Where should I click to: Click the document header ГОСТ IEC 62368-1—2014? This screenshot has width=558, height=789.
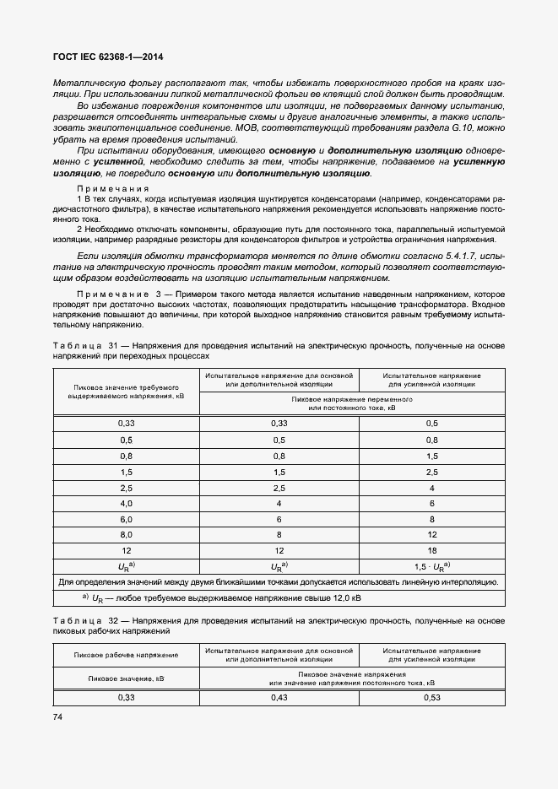point(107,57)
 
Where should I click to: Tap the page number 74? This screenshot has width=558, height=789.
point(58,716)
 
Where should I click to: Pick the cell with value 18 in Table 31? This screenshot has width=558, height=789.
point(431,550)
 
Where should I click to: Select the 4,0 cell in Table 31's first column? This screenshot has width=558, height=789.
point(126,504)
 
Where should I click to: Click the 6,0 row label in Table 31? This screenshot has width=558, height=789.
point(126,519)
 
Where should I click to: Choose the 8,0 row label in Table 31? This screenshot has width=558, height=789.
point(126,535)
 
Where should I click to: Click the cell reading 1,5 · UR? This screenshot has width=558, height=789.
point(431,566)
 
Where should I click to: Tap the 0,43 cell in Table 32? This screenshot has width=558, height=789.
point(279,697)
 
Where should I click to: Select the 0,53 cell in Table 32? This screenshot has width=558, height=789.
point(431,697)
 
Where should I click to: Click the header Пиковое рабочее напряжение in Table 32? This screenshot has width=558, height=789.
point(126,655)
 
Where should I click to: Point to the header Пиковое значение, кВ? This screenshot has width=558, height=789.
point(126,678)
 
